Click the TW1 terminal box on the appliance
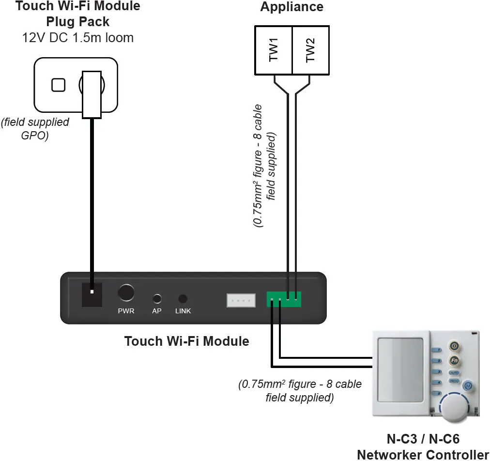click(x=274, y=50)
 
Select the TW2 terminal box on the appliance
click(x=310, y=50)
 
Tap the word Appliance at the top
click(x=291, y=7)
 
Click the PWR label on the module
click(x=126, y=311)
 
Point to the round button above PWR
click(x=126, y=293)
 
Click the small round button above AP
click(x=157, y=298)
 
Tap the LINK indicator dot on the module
click(x=183, y=299)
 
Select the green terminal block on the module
click(x=283, y=299)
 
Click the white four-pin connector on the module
click(x=241, y=300)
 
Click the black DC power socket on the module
click(x=92, y=295)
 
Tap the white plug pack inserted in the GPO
click(x=91, y=94)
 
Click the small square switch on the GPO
click(x=58, y=85)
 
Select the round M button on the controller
click(x=468, y=386)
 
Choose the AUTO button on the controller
click(x=454, y=373)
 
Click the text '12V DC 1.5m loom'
click(x=77, y=37)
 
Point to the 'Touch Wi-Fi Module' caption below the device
click(x=186, y=341)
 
